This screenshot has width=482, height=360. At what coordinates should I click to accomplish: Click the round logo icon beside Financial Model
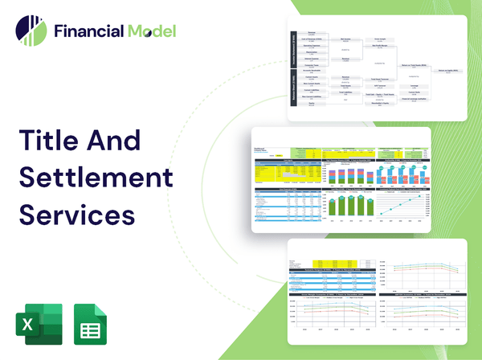click(x=30, y=31)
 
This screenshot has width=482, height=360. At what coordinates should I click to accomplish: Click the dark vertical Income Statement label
click(x=293, y=51)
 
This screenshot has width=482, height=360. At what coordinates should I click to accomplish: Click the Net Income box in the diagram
click(x=346, y=39)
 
